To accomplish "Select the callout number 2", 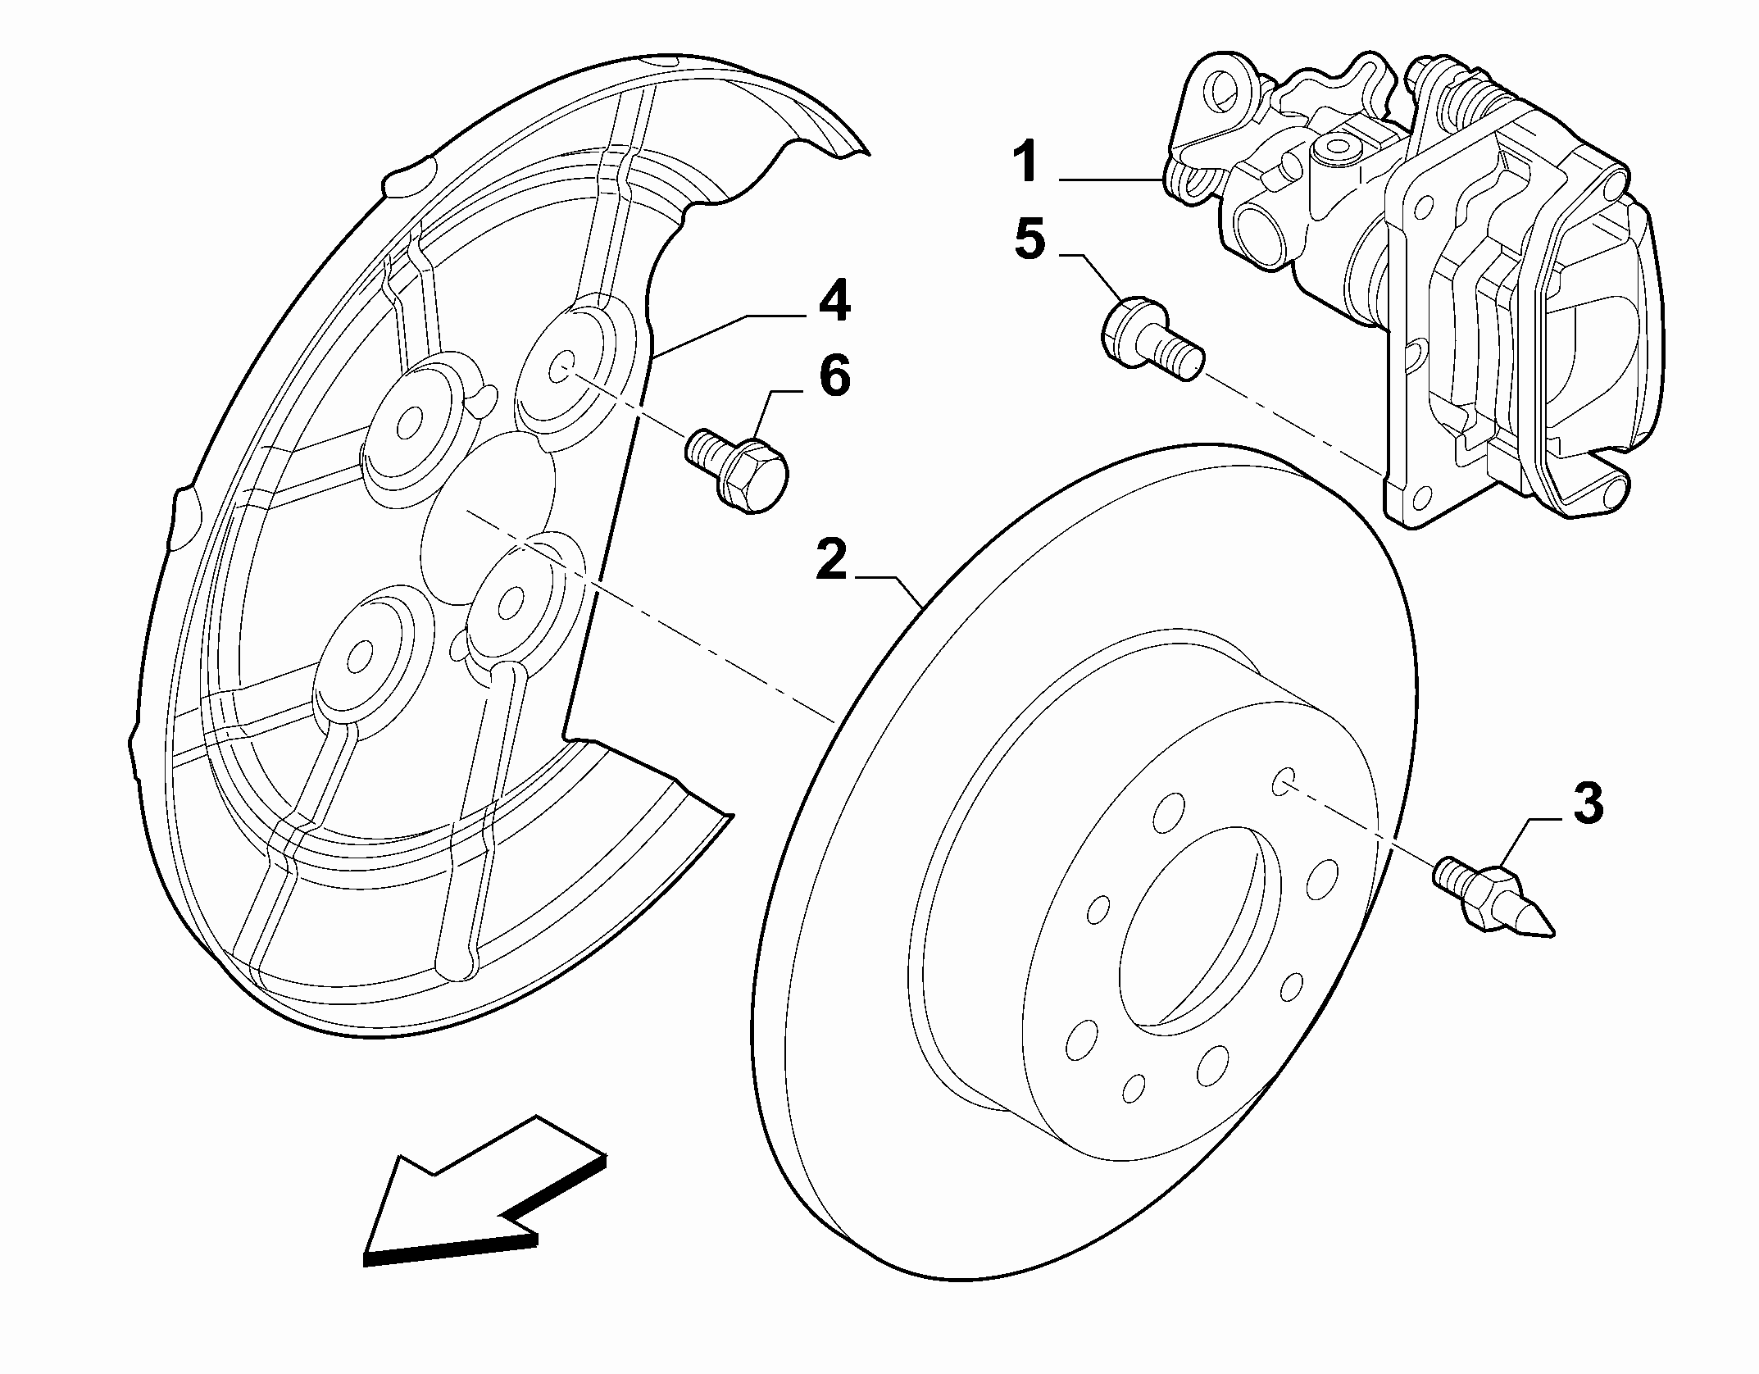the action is pos(830,560).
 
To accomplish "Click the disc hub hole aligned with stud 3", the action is pos(1284,781).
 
